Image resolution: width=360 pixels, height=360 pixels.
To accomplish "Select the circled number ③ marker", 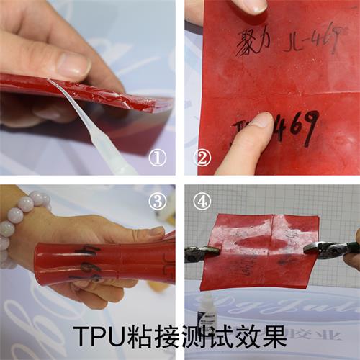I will pyautogui.click(x=157, y=202).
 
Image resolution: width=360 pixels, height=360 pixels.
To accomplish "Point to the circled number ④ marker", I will pyautogui.click(x=202, y=202).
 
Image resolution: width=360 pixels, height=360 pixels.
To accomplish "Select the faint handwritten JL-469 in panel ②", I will pyautogui.click(x=311, y=41).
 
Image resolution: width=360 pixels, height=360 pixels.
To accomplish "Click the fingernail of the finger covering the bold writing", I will pyautogui.click(x=260, y=120).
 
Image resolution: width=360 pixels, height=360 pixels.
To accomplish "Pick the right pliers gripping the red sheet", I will pyautogui.click(x=333, y=249).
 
